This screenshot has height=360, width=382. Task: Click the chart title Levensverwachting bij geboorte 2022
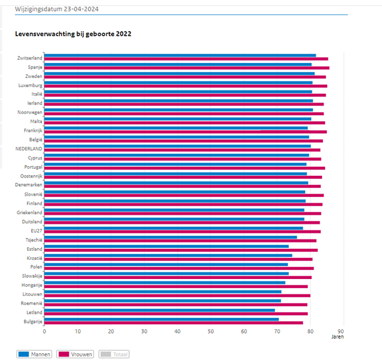(x=73, y=34)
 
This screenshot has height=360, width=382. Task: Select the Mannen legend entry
(x=34, y=354)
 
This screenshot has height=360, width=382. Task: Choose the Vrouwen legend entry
(x=75, y=354)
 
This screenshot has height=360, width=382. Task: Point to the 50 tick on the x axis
(x=211, y=331)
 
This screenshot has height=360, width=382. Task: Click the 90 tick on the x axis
(x=341, y=331)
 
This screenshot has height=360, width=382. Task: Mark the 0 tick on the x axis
(x=44, y=331)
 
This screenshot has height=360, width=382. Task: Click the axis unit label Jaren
(x=338, y=337)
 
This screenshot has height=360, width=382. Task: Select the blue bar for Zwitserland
(x=180, y=55)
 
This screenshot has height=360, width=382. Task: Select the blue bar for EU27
(x=174, y=228)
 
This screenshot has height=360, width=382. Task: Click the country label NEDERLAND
(x=29, y=148)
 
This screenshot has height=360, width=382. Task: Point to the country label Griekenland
(x=29, y=212)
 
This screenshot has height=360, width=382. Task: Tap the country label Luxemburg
(x=30, y=85)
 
